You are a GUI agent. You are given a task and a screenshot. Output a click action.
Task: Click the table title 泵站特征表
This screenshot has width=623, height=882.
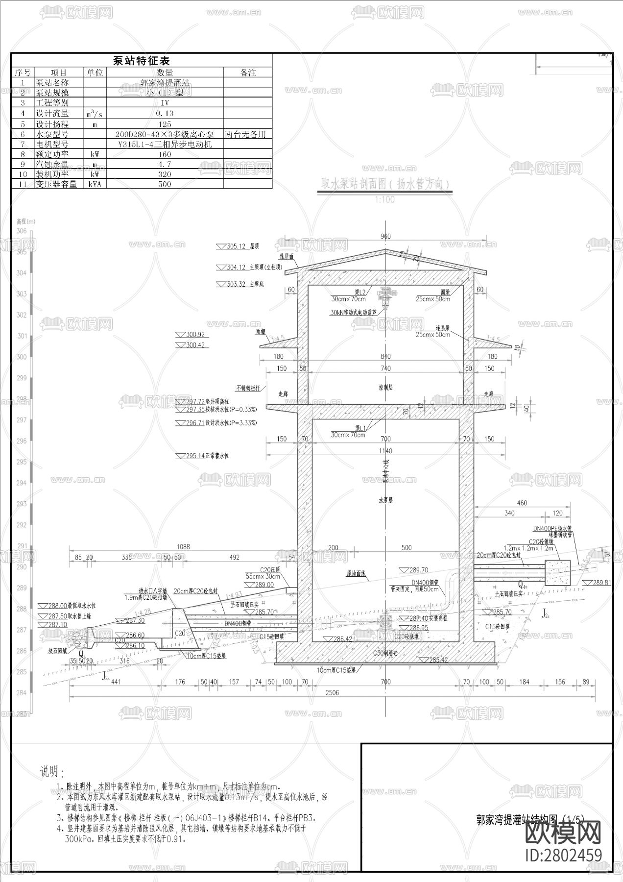coord(141,61)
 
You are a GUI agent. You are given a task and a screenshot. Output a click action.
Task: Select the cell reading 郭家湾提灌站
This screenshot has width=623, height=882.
coord(165,83)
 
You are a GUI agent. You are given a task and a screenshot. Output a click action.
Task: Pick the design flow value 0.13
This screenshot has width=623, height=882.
coord(165,113)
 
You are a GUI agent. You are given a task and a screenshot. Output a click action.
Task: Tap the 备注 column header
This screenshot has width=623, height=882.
coord(248,73)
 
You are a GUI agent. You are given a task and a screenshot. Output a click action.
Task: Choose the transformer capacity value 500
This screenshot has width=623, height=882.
coord(165,184)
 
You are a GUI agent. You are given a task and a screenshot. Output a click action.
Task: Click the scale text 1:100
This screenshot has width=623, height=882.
coord(384,199)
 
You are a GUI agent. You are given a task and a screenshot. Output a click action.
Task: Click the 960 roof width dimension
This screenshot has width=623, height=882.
coord(385,236)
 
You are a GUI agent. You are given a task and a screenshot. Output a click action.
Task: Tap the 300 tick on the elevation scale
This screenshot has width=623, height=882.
coord(22,357)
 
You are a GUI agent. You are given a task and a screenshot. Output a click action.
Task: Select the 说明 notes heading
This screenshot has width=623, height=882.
coord(52,772)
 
